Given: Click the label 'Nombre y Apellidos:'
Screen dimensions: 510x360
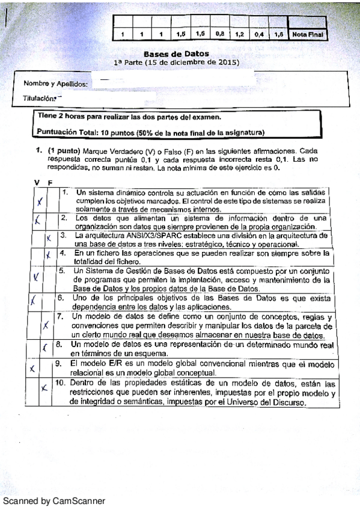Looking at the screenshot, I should point(56,84).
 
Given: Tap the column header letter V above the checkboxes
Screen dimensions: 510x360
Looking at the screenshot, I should point(37,181).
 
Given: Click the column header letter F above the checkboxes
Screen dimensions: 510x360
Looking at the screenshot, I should point(50,182).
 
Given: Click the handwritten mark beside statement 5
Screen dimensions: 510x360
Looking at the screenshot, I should point(37,277).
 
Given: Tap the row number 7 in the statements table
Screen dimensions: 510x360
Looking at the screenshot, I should point(59,316).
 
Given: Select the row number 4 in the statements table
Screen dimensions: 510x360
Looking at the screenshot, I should point(61,253).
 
